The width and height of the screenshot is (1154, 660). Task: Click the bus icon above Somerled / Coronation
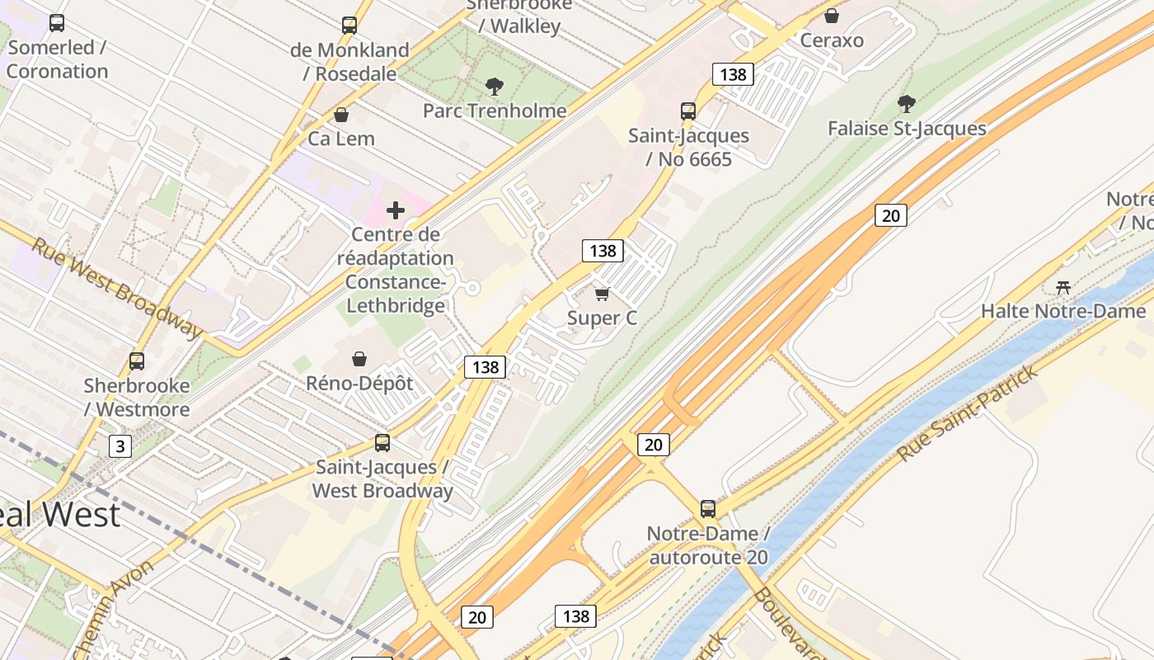tap(57, 23)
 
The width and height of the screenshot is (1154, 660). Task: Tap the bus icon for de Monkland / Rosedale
tap(349, 26)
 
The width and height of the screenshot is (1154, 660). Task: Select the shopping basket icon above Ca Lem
tap(341, 115)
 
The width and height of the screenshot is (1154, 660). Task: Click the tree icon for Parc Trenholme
tap(495, 86)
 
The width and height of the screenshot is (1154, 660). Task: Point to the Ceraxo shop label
tap(832, 40)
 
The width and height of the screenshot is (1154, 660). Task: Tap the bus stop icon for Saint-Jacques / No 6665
tap(688, 111)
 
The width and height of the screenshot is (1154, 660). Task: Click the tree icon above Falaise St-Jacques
tap(907, 104)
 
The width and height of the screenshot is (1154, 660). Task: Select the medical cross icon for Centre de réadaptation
tap(396, 210)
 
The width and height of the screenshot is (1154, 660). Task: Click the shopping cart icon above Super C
tap(603, 294)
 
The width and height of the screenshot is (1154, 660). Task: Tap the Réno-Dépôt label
tap(359, 384)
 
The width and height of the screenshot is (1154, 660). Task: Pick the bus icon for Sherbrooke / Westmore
tap(137, 361)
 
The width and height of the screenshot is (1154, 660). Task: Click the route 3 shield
tap(120, 447)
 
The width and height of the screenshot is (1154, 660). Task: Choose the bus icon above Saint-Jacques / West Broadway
tap(382, 443)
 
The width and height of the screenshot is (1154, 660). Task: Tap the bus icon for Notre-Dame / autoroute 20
tap(708, 509)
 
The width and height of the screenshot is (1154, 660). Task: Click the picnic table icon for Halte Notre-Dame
tap(1063, 287)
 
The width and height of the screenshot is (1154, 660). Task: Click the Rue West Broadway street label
tap(117, 288)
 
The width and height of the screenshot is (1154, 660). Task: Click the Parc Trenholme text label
tap(495, 111)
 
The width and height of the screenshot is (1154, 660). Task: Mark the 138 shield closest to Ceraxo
tap(733, 74)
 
